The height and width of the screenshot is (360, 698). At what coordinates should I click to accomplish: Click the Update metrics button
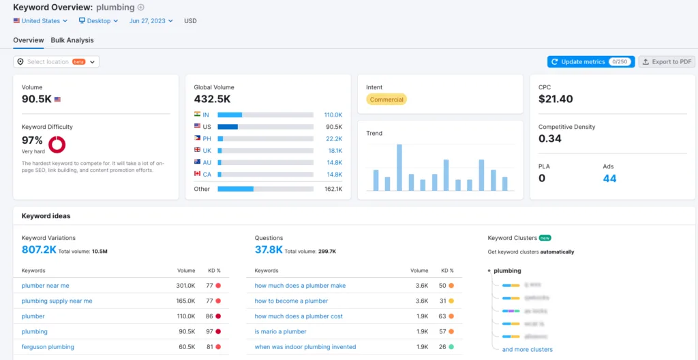tap(590, 61)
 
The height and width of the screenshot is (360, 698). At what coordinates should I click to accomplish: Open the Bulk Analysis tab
tap(72, 40)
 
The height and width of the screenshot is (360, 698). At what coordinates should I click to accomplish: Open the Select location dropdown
tap(56, 62)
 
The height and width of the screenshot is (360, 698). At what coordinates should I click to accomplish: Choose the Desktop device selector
tap(98, 21)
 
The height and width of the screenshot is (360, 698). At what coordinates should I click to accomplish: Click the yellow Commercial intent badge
tap(386, 100)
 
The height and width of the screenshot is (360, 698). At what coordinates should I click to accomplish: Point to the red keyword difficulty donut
tap(57, 144)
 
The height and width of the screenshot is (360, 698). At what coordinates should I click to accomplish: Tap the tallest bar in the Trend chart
tap(399, 167)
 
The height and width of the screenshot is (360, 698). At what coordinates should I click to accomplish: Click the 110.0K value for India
tap(333, 115)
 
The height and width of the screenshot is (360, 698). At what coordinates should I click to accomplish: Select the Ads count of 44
tap(609, 179)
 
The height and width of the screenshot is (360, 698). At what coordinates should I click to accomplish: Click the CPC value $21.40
tap(556, 100)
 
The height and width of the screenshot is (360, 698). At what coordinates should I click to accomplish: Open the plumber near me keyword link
tap(45, 286)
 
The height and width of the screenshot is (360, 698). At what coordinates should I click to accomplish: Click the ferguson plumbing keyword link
tap(48, 347)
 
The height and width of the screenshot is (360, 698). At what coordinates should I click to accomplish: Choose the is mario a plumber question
tap(280, 331)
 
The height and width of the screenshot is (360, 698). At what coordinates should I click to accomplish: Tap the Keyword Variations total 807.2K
tap(39, 250)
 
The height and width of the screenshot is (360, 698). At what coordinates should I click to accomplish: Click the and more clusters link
tap(527, 350)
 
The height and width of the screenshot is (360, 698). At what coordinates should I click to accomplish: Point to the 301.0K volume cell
tap(185, 286)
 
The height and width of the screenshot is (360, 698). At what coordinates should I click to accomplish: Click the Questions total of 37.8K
tap(269, 250)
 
